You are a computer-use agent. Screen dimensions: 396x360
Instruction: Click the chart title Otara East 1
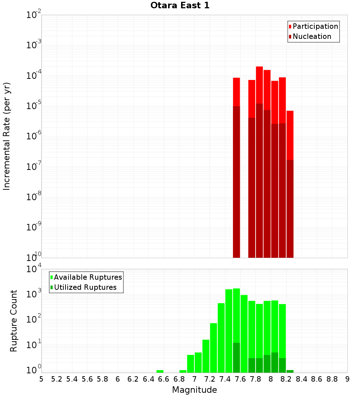pyautogui.click(x=180, y=6)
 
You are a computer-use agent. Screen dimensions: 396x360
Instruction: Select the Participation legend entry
pyautogui.click(x=315, y=26)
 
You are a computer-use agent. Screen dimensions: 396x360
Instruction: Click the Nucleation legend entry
pyautogui.click(x=311, y=36)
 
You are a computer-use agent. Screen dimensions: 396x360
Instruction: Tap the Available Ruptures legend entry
pyautogui.click(x=87, y=277)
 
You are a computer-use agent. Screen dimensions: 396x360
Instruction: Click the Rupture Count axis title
pyautogui.click(x=14, y=320)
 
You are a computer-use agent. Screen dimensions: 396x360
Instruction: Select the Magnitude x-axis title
pyautogui.click(x=194, y=390)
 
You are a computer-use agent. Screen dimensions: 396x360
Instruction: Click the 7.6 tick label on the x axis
pyautogui.click(x=240, y=379)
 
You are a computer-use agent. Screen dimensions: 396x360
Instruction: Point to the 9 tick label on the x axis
pyautogui.click(x=347, y=379)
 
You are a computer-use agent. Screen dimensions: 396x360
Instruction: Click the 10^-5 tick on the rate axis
pyautogui.click(x=34, y=106)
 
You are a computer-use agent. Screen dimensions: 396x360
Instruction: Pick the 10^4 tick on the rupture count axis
pyautogui.click(x=34, y=269)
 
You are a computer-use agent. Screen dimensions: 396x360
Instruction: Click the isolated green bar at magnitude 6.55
pyautogui.click(x=160, y=371)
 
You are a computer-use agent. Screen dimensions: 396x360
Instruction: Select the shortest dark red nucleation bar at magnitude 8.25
pyautogui.click(x=290, y=209)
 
